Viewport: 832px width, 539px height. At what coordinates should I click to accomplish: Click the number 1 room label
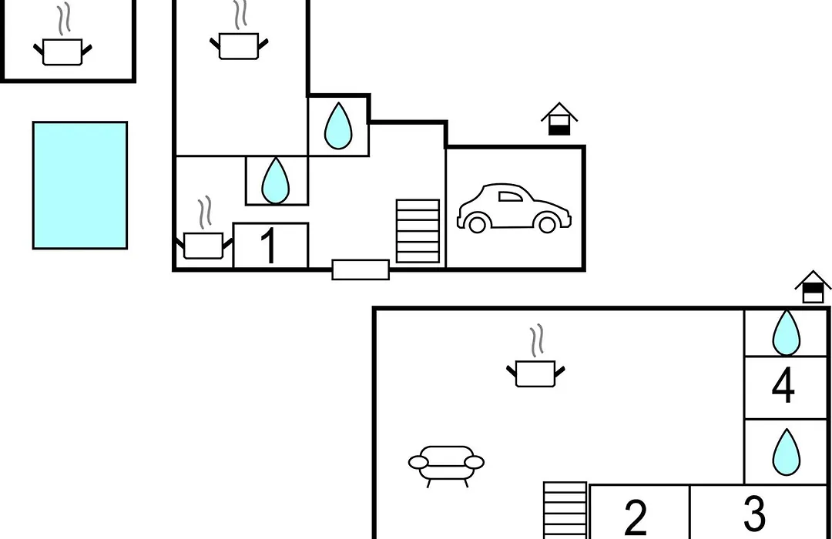[x=270, y=245]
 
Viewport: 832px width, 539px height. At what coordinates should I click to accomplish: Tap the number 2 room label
[x=636, y=517]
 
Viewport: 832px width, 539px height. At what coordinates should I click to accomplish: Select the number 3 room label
[x=754, y=513]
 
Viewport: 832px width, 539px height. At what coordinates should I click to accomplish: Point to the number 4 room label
[x=783, y=386]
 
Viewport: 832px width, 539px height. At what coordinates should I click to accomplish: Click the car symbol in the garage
[x=514, y=209]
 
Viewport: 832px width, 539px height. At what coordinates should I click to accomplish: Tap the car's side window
[x=510, y=197]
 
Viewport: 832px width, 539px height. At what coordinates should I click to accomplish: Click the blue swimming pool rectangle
[x=80, y=185]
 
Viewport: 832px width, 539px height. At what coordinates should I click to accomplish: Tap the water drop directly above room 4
[x=786, y=333]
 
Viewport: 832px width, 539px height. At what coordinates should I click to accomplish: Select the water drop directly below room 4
[x=786, y=452]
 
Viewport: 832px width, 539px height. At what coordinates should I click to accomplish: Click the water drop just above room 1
[x=275, y=180]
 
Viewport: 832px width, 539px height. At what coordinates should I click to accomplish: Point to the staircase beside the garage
[x=418, y=231]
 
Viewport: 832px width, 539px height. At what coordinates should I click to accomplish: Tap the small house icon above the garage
[x=559, y=119]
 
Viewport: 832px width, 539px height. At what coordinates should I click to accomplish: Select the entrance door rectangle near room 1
[x=361, y=269]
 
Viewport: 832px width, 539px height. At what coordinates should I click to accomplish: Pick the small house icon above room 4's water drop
[x=813, y=287]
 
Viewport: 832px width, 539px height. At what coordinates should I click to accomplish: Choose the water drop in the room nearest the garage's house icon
[x=338, y=126]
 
